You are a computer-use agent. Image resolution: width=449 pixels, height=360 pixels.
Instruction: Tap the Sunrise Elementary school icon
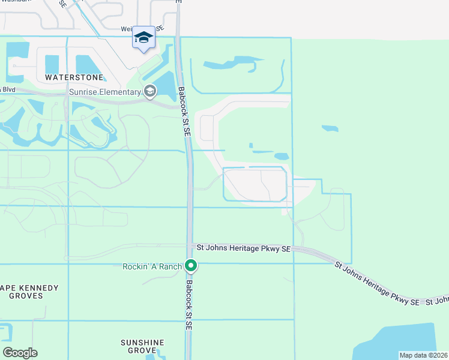[149, 92]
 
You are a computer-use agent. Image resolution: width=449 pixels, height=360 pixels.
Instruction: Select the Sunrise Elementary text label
[105, 92]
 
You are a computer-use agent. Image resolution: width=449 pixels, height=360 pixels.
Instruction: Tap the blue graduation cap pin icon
[143, 38]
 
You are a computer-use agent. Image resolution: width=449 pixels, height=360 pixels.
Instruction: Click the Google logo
[20, 353]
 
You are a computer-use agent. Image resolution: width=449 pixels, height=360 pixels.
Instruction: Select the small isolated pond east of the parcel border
[330, 128]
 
